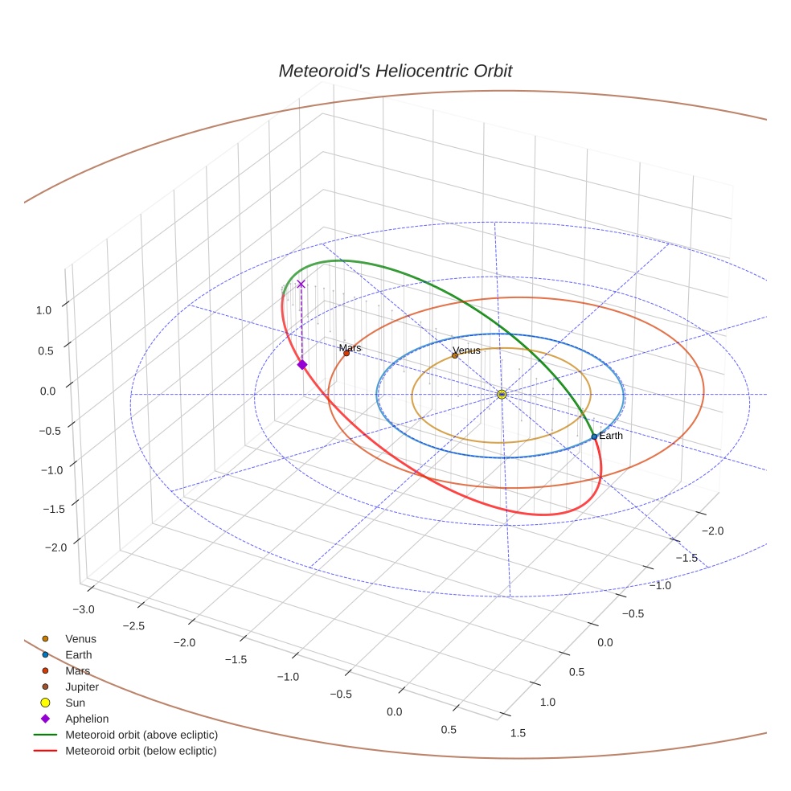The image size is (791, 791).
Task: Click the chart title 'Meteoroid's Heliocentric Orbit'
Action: point(395,72)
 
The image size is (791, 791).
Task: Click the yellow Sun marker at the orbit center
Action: point(502,394)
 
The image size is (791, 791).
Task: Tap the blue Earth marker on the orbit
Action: point(594,436)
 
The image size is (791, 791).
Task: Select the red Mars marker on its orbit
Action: point(346,353)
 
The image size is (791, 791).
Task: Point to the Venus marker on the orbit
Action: point(455,355)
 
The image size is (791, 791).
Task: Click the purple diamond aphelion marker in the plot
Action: point(302,364)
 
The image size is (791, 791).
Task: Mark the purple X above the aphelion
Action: point(301,284)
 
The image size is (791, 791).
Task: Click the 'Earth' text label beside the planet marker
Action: point(611,436)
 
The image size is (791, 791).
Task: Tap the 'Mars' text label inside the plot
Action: point(350,347)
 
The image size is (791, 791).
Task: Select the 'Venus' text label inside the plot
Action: point(466,350)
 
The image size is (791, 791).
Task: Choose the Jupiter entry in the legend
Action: point(82,686)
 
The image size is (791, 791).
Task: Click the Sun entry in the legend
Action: point(75,703)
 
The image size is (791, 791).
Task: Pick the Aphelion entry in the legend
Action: point(87,719)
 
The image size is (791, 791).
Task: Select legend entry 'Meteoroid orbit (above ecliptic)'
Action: point(141,735)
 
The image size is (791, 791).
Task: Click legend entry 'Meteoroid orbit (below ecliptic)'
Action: point(141,751)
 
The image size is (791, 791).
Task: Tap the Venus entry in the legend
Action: point(80,638)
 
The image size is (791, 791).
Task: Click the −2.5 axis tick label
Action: point(134,625)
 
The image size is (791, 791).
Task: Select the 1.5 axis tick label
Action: point(518,732)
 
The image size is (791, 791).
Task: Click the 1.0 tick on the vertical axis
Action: point(45,309)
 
